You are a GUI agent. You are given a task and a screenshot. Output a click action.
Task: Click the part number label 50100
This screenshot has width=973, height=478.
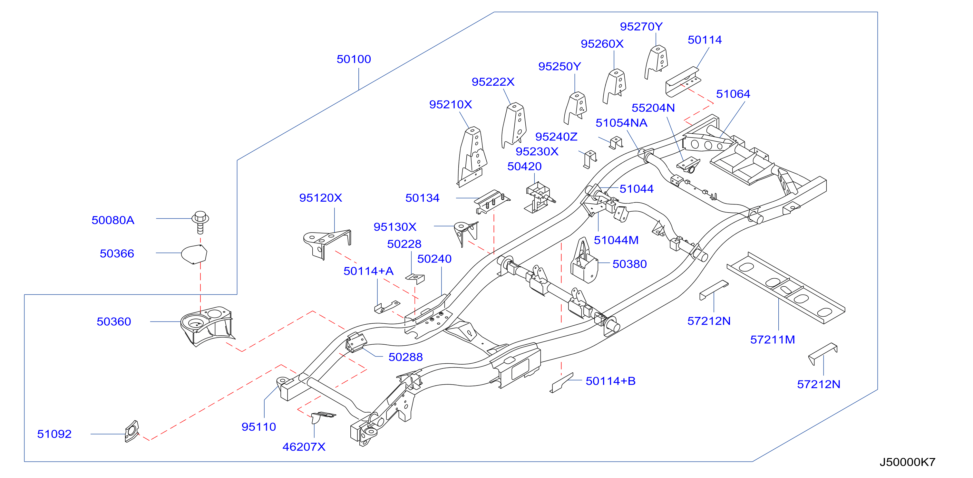tap(354, 59)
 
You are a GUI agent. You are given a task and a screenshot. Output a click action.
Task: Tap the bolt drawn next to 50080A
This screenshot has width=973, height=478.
tap(200, 222)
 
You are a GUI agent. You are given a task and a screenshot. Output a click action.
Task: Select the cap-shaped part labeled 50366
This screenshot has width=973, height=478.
tap(194, 254)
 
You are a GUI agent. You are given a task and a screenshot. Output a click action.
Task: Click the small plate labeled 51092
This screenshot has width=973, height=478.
tap(132, 431)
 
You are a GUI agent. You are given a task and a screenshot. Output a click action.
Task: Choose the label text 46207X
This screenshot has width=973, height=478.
tap(304, 447)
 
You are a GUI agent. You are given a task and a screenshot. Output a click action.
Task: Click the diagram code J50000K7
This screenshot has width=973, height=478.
tap(907, 462)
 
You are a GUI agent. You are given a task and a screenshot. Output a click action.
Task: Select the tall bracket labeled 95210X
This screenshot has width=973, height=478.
tap(472, 156)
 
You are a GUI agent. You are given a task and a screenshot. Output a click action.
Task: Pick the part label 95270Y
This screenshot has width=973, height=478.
tap(641, 27)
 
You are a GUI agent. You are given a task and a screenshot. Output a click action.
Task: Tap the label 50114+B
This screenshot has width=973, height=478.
tap(610, 381)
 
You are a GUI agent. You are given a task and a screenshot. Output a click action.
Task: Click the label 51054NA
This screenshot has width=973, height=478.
tap(621, 123)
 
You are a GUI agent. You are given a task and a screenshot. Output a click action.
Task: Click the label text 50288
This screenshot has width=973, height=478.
tap(405, 357)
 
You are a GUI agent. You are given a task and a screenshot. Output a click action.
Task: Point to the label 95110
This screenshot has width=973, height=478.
tap(259, 427)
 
